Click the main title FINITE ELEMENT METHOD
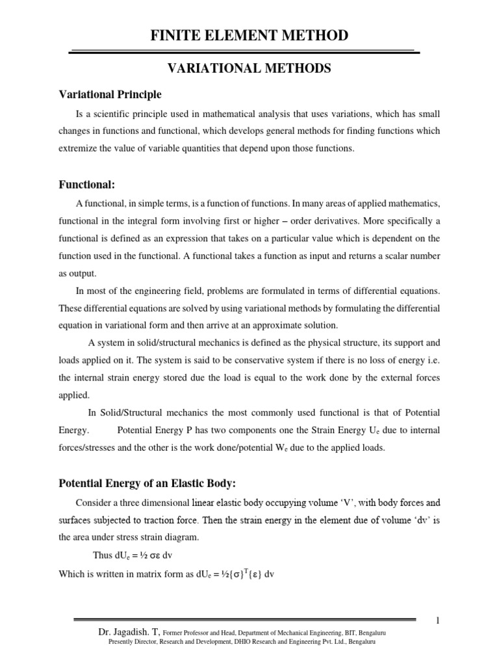[x=249, y=35]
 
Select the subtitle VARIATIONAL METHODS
[x=249, y=68]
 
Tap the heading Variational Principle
[x=110, y=95]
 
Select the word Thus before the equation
[x=105, y=555]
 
